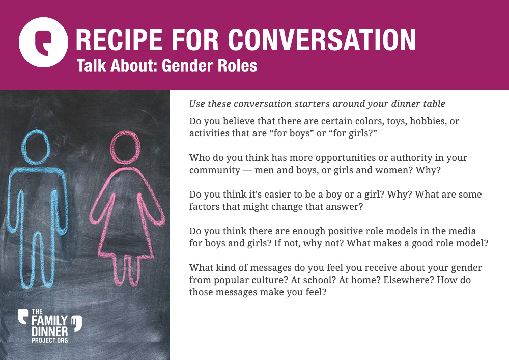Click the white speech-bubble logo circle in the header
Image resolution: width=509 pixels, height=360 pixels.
point(43,42)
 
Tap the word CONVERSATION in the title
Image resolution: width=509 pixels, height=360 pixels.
point(322,40)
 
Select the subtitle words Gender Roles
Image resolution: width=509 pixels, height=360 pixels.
point(209,66)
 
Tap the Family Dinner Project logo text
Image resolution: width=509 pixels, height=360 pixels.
point(50,325)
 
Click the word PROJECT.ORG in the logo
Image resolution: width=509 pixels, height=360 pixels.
point(50,340)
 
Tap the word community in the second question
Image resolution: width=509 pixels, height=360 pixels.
point(215,170)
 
